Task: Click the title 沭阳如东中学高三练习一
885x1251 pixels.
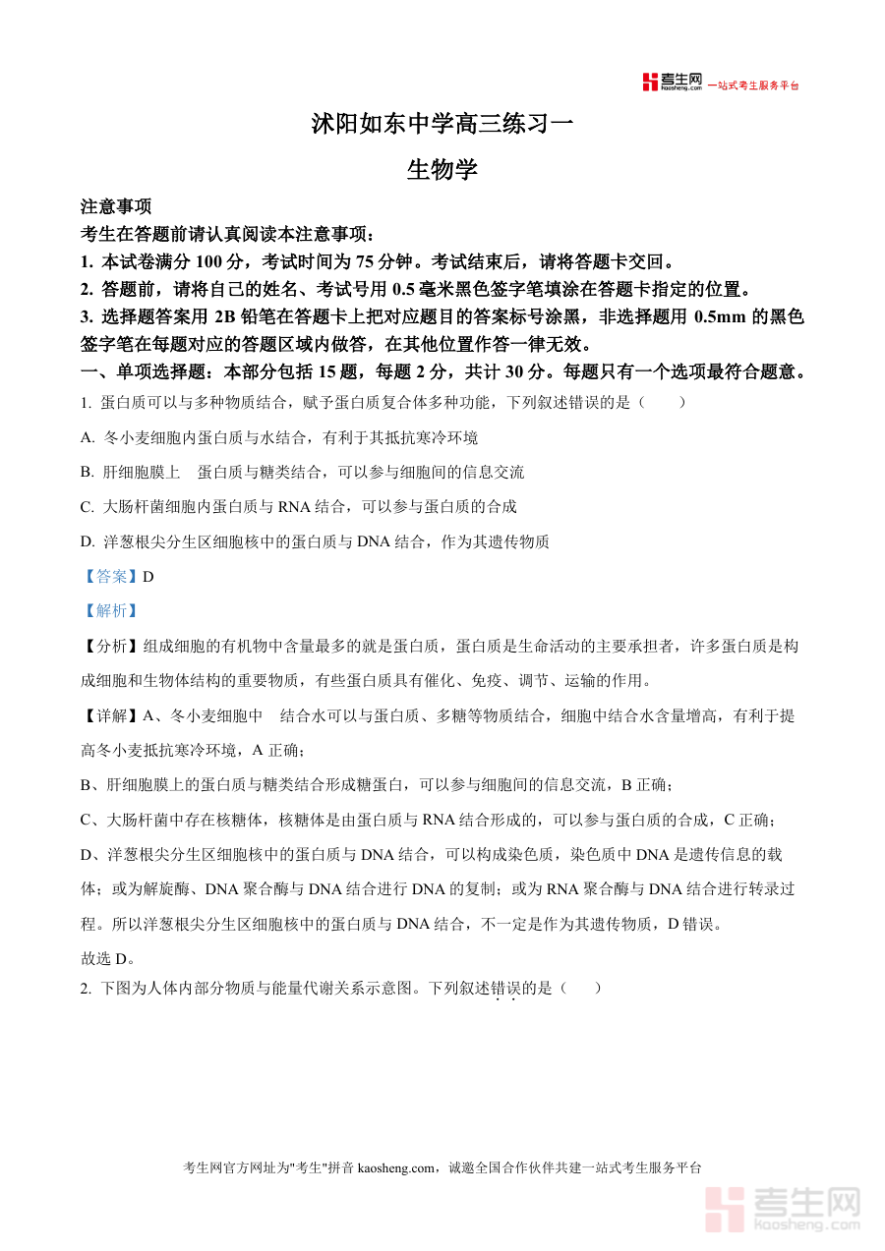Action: [442, 125]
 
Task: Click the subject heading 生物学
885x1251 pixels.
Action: [442, 170]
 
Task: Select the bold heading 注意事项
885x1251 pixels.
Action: [116, 207]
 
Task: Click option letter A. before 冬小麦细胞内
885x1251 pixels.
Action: [88, 437]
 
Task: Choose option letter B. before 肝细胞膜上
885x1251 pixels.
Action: [88, 472]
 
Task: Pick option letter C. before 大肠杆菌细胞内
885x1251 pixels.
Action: [88, 507]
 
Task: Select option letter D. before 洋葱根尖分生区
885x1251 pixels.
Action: [88, 541]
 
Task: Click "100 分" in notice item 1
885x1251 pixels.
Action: [223, 262]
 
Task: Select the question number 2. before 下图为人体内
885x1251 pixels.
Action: [86, 989]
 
